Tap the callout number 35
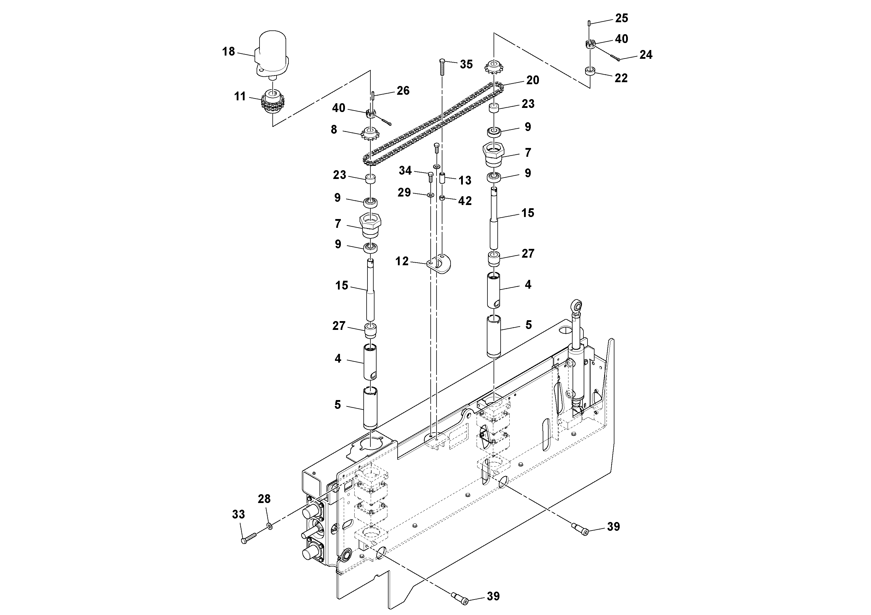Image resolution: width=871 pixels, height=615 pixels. point(466,64)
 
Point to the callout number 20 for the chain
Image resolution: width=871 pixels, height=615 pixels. point(532,80)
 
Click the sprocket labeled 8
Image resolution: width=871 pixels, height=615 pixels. point(370,134)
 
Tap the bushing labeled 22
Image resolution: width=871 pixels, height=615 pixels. point(590,71)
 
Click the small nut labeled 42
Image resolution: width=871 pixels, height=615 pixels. point(442,198)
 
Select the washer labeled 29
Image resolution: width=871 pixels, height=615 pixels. point(431,195)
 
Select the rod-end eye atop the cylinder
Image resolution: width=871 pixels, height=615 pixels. point(576,304)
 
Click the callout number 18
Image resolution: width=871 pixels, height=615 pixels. point(229,51)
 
